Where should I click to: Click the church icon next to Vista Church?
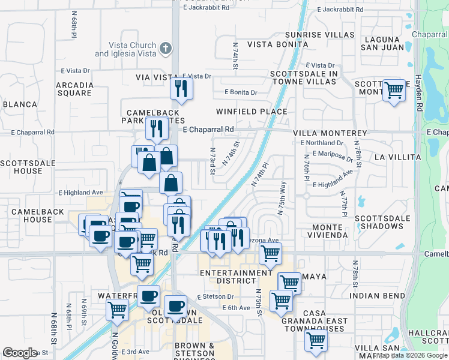point(166,48)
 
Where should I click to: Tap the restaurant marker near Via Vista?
point(181,89)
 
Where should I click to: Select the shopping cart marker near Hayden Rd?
point(394,91)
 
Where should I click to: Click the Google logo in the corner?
point(20,353)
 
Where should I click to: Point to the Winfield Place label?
point(252,112)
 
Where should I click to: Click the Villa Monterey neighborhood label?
point(330,133)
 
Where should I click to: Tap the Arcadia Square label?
point(74,89)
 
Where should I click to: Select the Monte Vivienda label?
point(330,232)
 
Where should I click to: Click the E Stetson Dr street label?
point(215,296)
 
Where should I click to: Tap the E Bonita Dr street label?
point(241,92)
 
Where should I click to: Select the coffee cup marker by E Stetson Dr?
point(175,306)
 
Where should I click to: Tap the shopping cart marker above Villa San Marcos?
point(316,340)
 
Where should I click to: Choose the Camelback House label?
point(32,215)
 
